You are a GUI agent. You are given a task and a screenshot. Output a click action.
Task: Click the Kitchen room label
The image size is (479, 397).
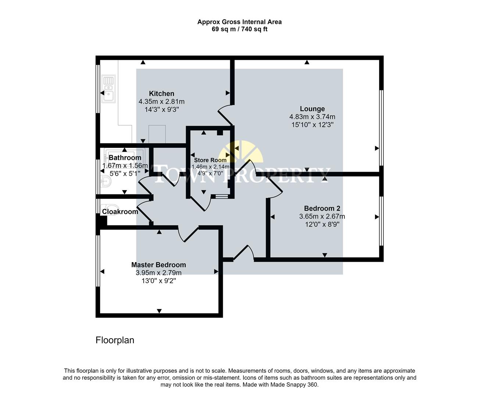[161, 94]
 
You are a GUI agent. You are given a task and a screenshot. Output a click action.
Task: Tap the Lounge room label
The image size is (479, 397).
[312, 109]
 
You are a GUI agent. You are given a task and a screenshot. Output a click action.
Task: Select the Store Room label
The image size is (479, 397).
[210, 160]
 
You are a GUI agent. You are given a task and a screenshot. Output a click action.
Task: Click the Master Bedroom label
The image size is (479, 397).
[158, 265]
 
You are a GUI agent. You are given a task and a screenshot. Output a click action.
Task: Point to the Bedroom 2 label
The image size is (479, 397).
[322, 208]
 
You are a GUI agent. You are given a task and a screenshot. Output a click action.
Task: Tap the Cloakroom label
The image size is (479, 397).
[120, 212]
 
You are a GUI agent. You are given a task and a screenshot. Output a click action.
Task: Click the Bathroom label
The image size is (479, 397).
[125, 158]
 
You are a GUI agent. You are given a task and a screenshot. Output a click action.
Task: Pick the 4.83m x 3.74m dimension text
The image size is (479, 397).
[312, 117]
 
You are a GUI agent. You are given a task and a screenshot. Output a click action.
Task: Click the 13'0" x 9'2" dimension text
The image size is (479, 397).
[158, 281]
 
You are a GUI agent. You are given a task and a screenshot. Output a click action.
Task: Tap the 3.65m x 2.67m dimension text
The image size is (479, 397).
[322, 217]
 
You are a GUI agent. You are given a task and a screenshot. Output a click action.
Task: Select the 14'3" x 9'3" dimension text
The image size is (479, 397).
[161, 110]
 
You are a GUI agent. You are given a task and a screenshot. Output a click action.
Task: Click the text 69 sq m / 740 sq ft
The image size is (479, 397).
[239, 29]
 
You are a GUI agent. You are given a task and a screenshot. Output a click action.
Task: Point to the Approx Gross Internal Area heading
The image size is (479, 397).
[239, 22]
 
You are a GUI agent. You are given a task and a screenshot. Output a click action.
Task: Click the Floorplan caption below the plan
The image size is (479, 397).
[115, 340]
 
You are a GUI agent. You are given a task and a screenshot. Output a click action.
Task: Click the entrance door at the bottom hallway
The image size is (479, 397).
[243, 254]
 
